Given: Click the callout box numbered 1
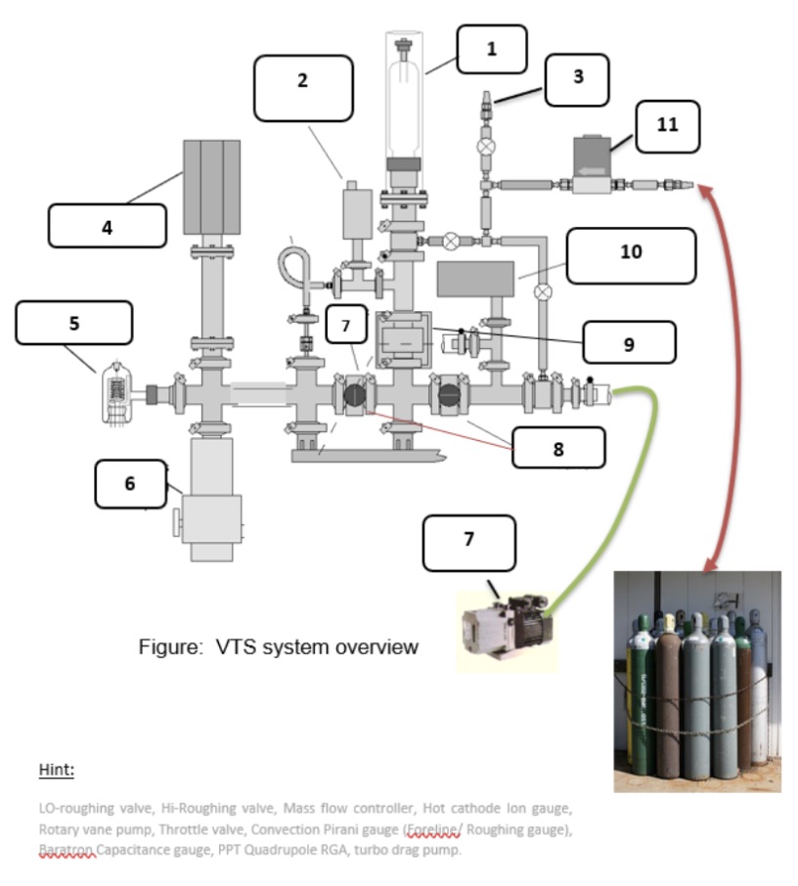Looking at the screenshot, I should pyautogui.click(x=491, y=49).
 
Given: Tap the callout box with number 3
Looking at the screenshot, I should pyautogui.click(x=577, y=79).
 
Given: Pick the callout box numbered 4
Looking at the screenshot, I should pyautogui.click(x=108, y=227).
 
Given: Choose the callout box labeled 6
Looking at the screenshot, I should pyautogui.click(x=130, y=484).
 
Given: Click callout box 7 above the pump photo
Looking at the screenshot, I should pyautogui.click(x=468, y=543).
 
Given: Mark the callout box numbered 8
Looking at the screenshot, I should pyautogui.click(x=558, y=449).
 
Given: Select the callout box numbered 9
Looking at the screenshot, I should pyautogui.click(x=628, y=343).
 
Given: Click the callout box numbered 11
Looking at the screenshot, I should pyautogui.click(x=667, y=126).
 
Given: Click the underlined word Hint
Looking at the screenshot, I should pyautogui.click(x=56, y=770).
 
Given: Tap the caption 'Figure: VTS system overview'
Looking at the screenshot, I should pyautogui.click(x=279, y=647).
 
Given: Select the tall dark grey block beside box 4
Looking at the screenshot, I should pyautogui.click(x=212, y=187).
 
